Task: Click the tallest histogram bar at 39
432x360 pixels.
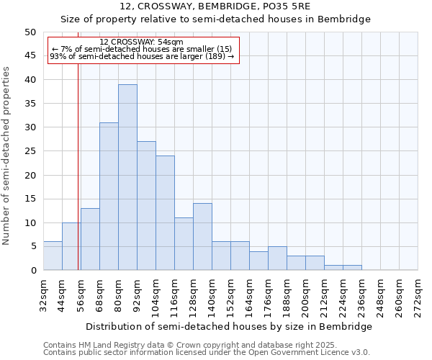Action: (x=127, y=177)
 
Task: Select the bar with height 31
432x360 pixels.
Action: (x=109, y=196)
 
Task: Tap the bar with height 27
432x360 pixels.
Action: (x=146, y=206)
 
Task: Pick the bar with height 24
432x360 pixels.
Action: (x=165, y=213)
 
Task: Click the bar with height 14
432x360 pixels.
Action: (x=202, y=237)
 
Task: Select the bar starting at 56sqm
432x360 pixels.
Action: (x=90, y=239)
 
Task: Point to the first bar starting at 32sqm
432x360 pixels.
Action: (x=53, y=256)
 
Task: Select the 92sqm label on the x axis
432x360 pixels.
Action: (x=137, y=292)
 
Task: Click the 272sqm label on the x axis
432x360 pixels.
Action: (x=418, y=292)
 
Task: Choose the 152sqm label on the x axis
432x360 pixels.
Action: (x=230, y=292)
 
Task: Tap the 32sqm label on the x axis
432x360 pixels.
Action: (x=43, y=292)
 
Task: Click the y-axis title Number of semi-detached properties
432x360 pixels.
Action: (x=6, y=156)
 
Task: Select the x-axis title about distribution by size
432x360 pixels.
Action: (x=230, y=326)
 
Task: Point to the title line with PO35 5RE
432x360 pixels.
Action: (x=215, y=6)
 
